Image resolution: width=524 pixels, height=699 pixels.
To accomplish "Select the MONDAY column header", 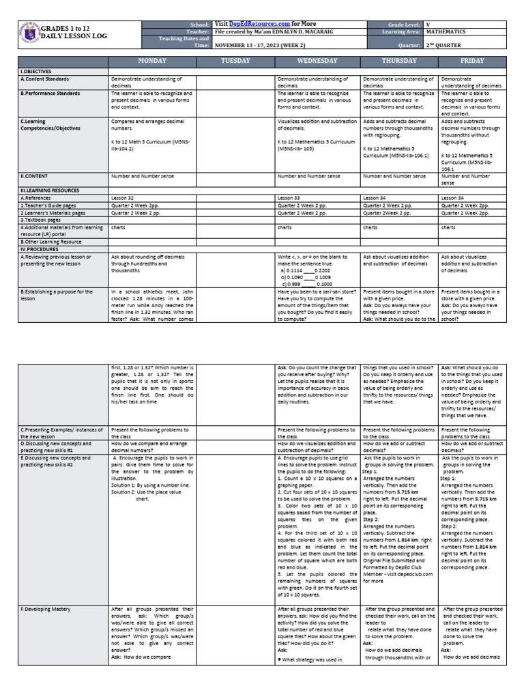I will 152,61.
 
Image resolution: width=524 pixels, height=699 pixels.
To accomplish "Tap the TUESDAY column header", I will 235,61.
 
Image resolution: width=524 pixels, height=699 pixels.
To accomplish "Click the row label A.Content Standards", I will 46,79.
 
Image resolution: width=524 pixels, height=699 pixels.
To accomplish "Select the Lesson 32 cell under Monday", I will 123,197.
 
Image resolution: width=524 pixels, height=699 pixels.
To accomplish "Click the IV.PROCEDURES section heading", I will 41,248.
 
